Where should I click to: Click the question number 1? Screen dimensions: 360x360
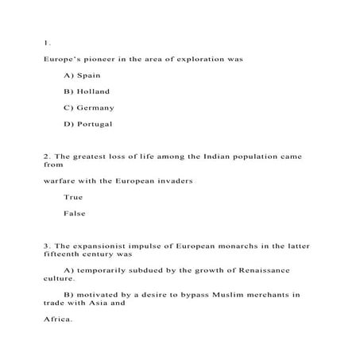46,42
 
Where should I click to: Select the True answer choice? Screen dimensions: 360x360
72,197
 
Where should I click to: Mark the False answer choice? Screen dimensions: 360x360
74,213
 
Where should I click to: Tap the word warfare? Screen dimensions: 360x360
60,180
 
